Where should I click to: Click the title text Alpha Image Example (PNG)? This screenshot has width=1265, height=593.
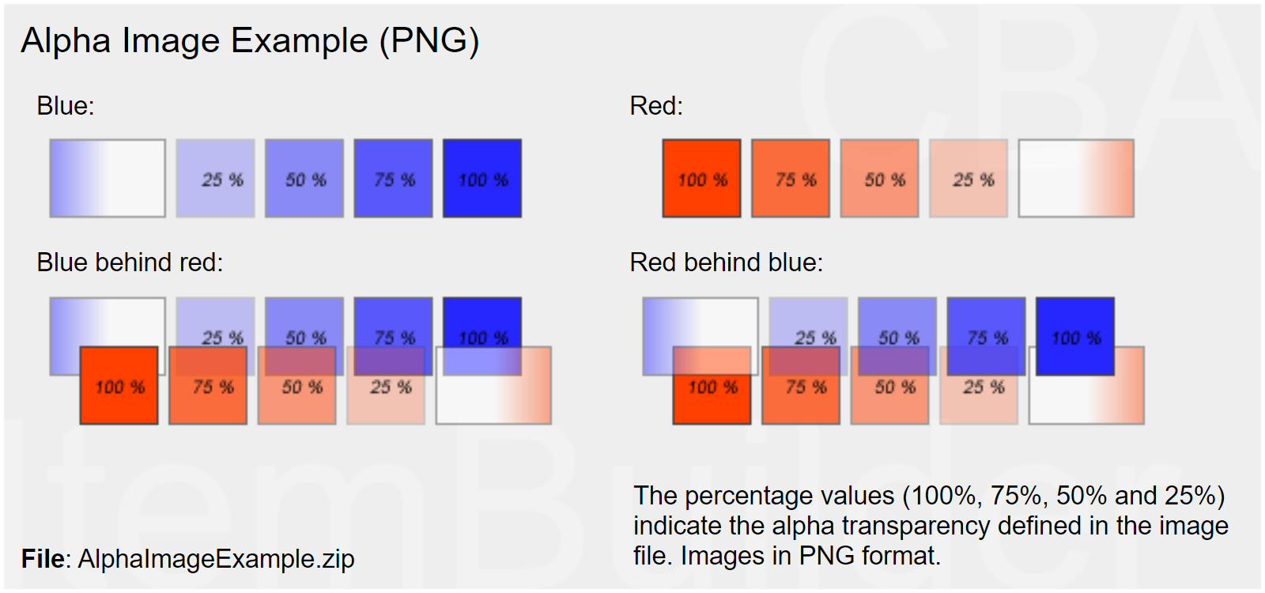coord(250,41)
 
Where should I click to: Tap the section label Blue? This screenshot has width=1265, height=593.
coord(66,106)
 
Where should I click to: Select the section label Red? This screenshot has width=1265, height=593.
coord(656,106)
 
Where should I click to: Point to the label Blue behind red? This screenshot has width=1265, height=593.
coord(130,263)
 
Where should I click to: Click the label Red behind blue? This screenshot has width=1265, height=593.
coord(727,263)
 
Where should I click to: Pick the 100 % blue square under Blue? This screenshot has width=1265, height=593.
coord(482,179)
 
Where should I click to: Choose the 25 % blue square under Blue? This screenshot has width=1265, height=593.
coord(215,179)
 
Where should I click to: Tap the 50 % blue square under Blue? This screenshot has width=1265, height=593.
coord(304,179)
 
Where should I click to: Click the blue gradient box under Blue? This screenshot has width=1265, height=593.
coord(108,179)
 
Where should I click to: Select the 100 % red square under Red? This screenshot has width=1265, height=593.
coord(701,179)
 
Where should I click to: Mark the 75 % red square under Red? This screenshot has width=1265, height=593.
coord(791,179)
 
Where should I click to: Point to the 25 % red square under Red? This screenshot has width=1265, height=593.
coord(969,179)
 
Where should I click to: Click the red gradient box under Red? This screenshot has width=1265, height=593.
coord(1076,179)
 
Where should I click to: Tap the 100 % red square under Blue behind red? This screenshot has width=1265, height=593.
coord(119,385)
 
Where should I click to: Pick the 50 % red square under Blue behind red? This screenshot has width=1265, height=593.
coord(297,385)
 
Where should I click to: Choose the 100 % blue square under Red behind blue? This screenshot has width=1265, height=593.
coord(1075,337)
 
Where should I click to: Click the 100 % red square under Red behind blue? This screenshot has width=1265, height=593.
coord(712,385)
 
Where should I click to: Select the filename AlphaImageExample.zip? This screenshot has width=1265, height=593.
coord(217,559)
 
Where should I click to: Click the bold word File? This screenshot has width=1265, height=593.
coord(43,559)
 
